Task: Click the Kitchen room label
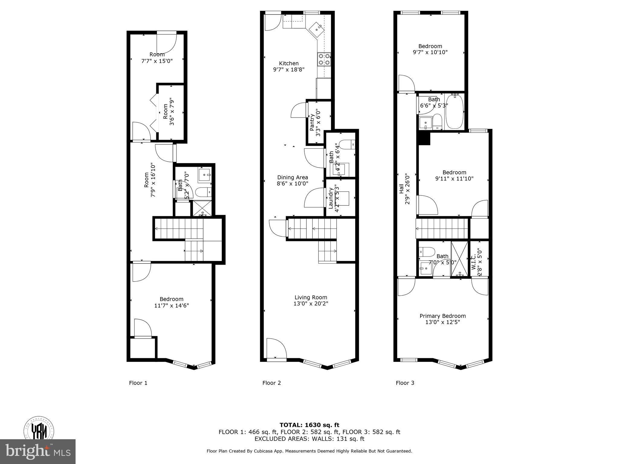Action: tap(289, 63)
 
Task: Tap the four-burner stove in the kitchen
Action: tap(324, 60)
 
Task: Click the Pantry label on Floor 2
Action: tap(312, 123)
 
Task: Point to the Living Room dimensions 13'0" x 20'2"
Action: tap(311, 304)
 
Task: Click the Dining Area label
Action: tap(293, 178)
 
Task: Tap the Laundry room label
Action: tap(331, 198)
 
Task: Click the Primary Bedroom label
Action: tap(442, 316)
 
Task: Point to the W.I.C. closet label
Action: tap(474, 262)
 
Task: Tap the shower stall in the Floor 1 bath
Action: tap(202, 208)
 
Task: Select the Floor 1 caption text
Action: tap(138, 383)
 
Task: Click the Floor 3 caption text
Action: tap(405, 383)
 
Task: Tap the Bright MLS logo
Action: tap(38, 452)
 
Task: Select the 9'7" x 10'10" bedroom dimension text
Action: tap(430, 52)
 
